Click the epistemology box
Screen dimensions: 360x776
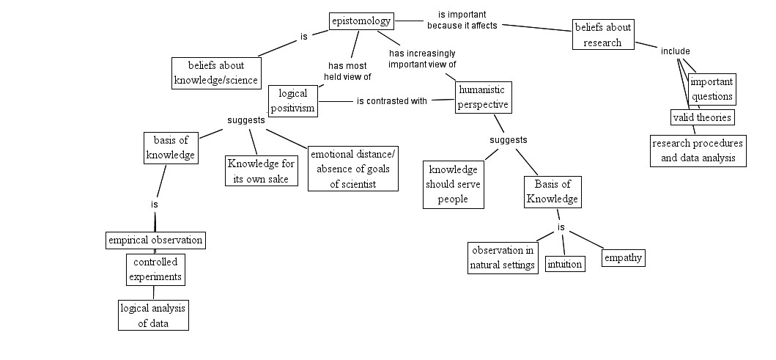(361, 21)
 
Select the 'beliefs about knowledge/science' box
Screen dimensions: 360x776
(216, 73)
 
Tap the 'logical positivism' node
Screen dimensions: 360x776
(292, 100)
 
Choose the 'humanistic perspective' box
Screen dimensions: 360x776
(482, 97)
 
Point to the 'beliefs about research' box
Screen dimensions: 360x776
(602, 35)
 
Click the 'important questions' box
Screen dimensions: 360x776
(712, 89)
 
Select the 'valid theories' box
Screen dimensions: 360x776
(701, 117)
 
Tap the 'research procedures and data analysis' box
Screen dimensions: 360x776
(698, 150)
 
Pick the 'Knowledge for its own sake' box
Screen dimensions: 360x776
(261, 172)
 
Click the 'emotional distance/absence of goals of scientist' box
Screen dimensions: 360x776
(352, 169)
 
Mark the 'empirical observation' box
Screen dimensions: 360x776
(155, 240)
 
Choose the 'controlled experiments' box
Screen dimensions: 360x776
(155, 269)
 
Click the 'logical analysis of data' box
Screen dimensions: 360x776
(154, 315)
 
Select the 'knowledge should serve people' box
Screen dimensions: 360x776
(454, 185)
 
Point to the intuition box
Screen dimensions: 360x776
(565, 264)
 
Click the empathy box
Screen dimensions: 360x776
(623, 257)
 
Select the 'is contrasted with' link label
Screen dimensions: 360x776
(391, 101)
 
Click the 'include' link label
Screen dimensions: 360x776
(675, 51)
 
